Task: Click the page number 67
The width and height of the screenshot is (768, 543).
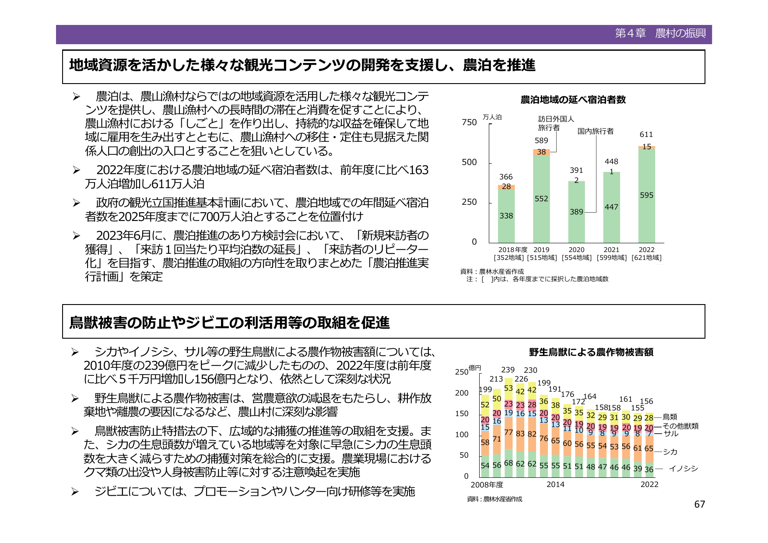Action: [x=699, y=504]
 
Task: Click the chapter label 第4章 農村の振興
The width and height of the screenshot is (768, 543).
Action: [x=660, y=33]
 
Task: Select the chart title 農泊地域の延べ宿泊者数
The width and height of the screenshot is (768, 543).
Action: [x=573, y=100]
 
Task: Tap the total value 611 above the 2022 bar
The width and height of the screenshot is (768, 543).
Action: [x=646, y=134]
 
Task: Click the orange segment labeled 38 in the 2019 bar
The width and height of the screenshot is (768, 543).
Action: [x=541, y=152]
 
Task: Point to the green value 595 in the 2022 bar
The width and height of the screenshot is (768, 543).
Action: [x=646, y=195]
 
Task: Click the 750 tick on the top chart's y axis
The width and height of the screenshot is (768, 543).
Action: [x=469, y=123]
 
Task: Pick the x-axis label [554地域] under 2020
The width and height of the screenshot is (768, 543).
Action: [x=576, y=258]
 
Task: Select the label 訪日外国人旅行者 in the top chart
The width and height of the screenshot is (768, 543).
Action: [x=555, y=123]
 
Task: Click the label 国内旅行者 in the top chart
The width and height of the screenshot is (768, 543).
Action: [x=595, y=131]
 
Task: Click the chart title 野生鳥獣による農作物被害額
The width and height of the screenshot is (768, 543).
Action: [x=591, y=352]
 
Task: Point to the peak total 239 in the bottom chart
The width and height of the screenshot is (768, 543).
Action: [x=508, y=370]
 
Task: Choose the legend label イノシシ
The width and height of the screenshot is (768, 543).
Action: [x=683, y=469]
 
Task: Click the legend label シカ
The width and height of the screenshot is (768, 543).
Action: [x=670, y=452]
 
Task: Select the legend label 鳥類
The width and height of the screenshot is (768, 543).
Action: [x=670, y=417]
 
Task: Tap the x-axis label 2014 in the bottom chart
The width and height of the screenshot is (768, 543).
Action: [x=555, y=484]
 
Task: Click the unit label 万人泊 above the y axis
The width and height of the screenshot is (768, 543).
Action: [x=492, y=117]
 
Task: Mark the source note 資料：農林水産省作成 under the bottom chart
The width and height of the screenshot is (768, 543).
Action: [x=494, y=499]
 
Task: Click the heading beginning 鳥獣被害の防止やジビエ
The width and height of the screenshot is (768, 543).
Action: [x=229, y=322]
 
